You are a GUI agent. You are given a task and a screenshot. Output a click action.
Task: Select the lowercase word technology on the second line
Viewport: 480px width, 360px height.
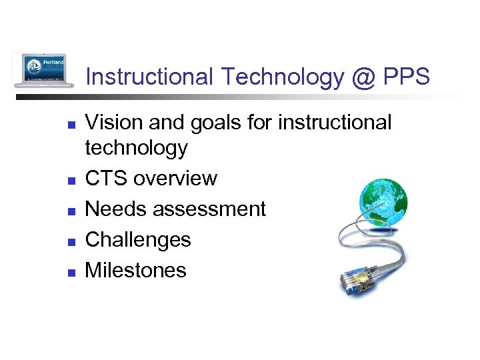[137, 149]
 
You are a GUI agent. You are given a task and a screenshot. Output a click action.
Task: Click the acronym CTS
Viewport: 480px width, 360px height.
[107, 179]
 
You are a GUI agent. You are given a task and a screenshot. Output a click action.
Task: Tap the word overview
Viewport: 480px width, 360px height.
[175, 179]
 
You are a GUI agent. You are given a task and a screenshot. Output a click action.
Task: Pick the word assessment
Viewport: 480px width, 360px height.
[209, 209]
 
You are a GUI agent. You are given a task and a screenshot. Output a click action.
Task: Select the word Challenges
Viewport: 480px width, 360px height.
[139, 240]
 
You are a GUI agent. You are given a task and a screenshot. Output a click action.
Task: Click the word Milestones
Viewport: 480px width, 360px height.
[136, 270]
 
